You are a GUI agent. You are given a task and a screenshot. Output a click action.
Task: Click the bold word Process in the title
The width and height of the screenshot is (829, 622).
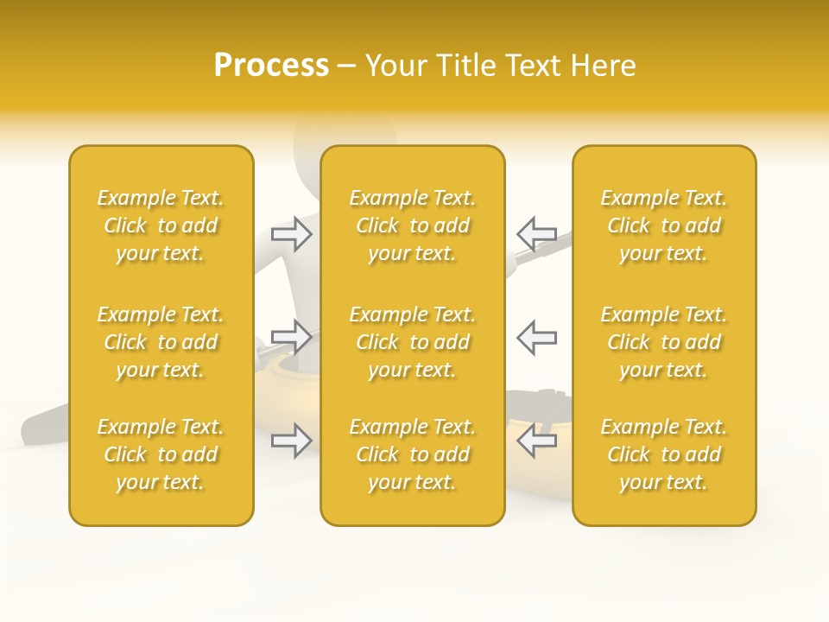point(271,66)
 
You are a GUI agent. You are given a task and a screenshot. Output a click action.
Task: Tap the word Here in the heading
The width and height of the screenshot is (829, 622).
point(603,66)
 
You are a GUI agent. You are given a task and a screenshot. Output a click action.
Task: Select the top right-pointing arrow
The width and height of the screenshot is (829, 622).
point(292,233)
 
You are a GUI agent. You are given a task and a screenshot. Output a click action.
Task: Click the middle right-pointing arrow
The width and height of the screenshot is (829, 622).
point(292,337)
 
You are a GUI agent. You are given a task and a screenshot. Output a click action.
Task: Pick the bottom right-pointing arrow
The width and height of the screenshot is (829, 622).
point(292,441)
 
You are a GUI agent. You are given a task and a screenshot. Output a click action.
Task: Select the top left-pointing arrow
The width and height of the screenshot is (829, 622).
point(536,233)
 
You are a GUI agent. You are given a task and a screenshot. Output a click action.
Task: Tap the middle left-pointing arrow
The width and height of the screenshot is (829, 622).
point(536,337)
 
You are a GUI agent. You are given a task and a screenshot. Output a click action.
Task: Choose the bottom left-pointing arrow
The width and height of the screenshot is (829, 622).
point(536,441)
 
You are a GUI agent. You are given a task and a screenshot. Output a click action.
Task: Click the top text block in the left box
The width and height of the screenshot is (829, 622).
point(161,225)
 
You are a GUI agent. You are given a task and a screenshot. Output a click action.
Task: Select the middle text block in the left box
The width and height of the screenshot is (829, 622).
point(161,342)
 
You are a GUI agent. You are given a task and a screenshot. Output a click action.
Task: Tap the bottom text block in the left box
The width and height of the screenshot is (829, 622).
point(161,454)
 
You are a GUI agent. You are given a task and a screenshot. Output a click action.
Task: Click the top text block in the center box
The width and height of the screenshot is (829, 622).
point(412,225)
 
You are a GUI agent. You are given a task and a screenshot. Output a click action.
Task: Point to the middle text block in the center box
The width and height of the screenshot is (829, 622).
point(412,342)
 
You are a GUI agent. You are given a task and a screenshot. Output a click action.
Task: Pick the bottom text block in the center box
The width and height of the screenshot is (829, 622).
point(412,454)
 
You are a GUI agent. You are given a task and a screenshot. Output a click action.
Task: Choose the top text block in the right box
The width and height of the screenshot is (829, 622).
point(663,225)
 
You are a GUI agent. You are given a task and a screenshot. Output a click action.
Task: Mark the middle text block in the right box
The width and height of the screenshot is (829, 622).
point(663,342)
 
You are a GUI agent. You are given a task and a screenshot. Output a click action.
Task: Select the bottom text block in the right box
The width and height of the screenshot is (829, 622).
point(663,454)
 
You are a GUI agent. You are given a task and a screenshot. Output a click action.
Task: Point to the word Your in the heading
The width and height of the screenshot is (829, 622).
point(394,66)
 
